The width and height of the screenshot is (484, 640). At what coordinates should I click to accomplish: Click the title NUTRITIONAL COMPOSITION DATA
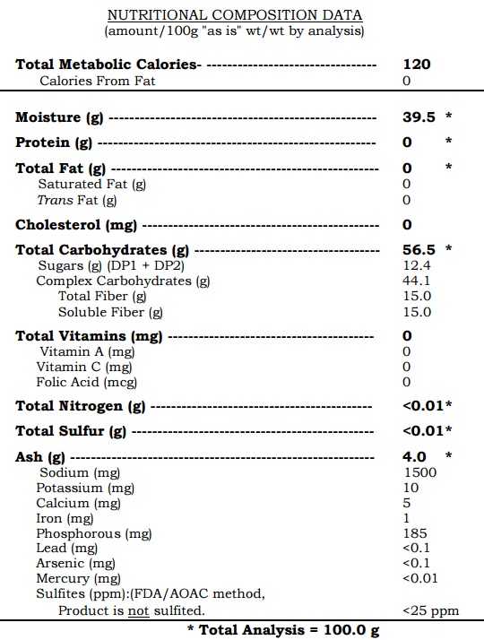pos(235,15)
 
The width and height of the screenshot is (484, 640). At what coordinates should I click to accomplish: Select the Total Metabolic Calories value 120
pos(417,65)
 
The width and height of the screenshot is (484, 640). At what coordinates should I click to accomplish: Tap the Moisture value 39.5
pos(418,117)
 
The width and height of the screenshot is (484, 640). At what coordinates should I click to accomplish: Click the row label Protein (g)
pos(54,143)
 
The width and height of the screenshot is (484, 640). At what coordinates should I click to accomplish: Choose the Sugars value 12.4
pos(417,265)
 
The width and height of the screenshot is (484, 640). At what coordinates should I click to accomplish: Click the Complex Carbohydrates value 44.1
pos(417,281)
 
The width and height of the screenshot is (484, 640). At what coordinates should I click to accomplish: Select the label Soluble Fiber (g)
pos(111,312)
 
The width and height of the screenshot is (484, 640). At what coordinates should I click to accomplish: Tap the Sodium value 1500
pos(420,472)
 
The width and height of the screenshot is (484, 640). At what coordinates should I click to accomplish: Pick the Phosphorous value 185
pos(416,533)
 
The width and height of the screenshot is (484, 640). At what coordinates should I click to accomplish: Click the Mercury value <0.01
pos(420,579)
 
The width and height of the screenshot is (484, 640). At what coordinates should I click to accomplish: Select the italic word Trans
pos(54,200)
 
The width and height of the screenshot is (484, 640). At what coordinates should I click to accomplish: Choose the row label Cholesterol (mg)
pos(76,225)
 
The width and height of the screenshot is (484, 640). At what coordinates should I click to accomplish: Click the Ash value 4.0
pos(415,457)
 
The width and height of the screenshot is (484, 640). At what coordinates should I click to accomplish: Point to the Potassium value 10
pos(411,488)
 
